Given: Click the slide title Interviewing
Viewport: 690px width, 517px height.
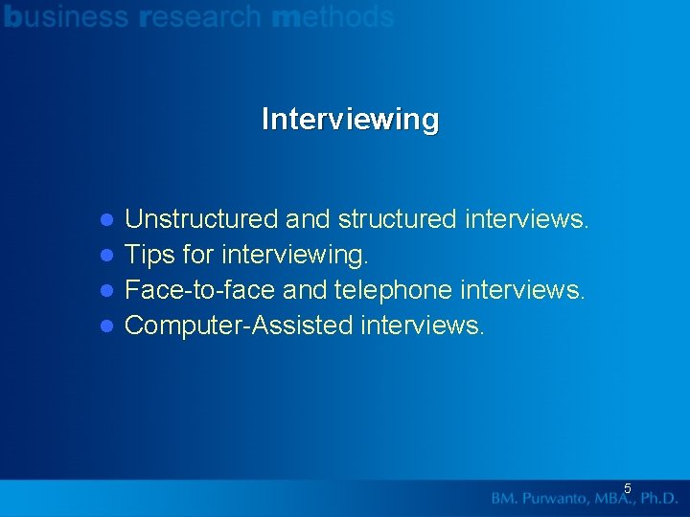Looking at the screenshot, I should (350, 120).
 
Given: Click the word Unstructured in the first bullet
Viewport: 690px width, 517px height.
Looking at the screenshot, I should (201, 219).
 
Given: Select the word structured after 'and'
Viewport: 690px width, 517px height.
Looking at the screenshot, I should (398, 219).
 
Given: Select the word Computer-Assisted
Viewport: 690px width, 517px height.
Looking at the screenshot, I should (240, 326).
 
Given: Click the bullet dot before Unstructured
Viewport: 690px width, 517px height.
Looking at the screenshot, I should (108, 220).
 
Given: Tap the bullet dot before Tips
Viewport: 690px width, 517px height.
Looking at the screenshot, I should (108, 256).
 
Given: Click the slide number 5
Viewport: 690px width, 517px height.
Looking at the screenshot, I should (628, 488).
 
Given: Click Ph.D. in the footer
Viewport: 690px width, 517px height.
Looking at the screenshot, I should (659, 499).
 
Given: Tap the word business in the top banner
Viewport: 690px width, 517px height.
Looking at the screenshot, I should (66, 16).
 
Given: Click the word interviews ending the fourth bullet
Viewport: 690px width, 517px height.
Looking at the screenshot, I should (423, 326).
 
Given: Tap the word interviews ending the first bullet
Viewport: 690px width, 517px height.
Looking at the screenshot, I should (526, 219).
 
